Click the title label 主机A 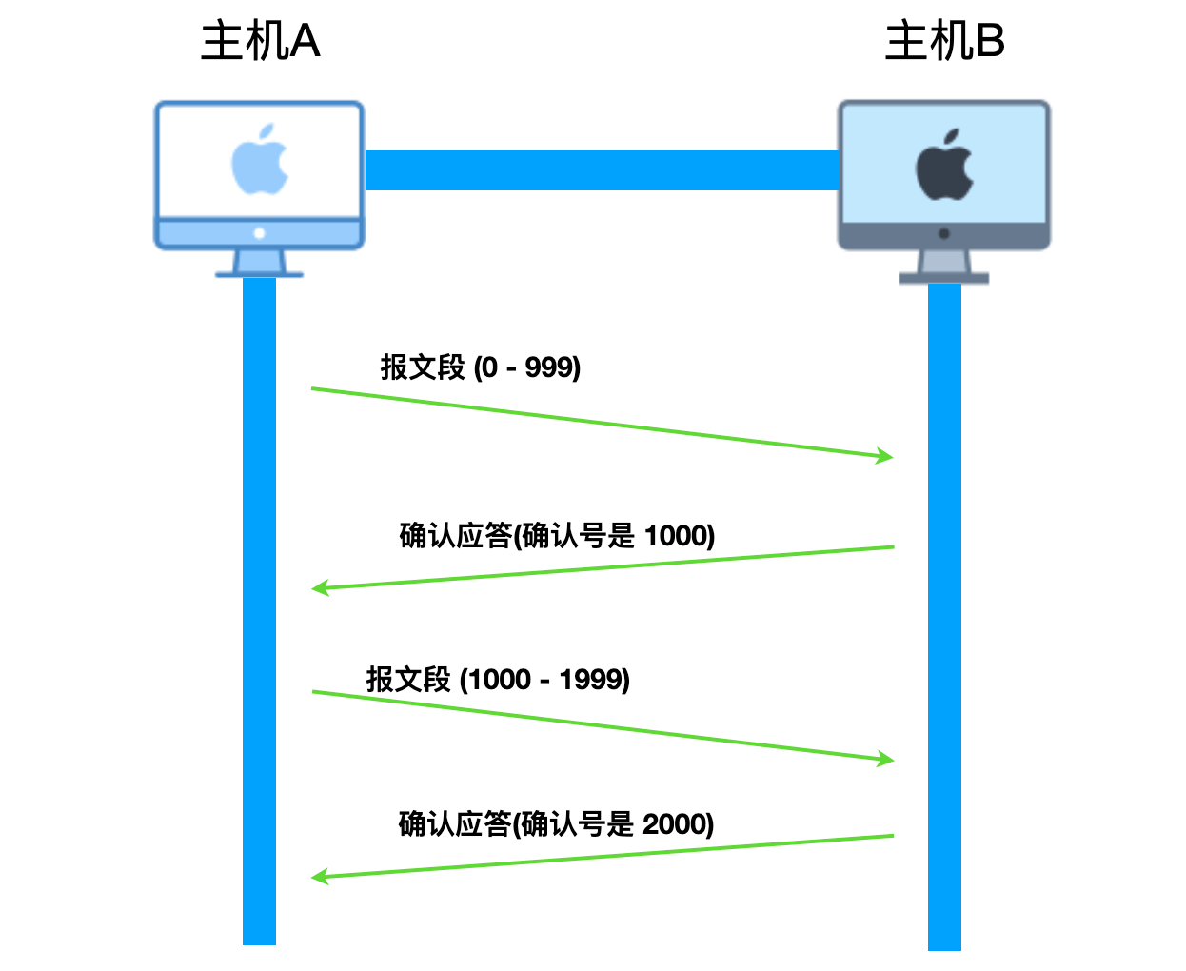pos(261,40)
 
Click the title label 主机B pos(945,40)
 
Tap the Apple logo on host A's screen pos(260,159)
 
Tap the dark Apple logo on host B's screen pos(945,165)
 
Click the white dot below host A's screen pos(259,233)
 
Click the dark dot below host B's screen pos(944,233)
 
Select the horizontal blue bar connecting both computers pos(603,169)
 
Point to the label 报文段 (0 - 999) pos(481,367)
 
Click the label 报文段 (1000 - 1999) pos(498,679)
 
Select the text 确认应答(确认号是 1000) pos(557,535)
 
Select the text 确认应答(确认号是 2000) pos(557,824)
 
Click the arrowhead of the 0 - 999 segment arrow pos(884,456)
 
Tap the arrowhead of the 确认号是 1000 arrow pos(320,588)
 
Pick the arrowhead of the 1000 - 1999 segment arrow pos(886,759)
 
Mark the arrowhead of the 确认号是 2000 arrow pos(320,877)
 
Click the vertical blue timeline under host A pos(259,611)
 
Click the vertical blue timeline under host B pos(944,617)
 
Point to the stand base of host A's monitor pos(259,274)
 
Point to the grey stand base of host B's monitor pos(944,279)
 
